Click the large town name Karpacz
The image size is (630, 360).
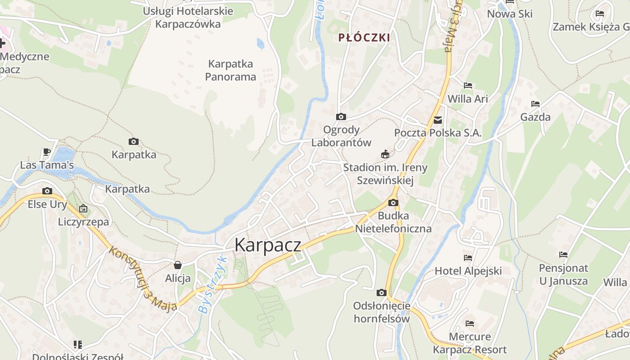[268, 245]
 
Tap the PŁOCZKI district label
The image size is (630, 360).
[364, 38]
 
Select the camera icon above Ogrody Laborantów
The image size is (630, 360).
[341, 117]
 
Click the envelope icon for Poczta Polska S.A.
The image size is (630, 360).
[437, 120]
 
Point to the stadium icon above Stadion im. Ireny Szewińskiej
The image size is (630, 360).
[385, 154]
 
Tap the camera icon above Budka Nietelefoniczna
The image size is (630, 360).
[393, 203]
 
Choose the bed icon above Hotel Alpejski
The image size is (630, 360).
[468, 258]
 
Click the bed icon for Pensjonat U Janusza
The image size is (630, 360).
[563, 255]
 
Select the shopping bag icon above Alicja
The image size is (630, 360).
[178, 265]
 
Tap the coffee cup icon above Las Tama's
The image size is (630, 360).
[46, 152]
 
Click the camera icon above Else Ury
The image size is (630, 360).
[47, 191]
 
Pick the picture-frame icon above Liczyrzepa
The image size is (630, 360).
[83, 208]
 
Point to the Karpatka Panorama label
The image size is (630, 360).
[230, 70]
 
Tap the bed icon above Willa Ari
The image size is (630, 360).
[468, 85]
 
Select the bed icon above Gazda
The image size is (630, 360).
[535, 104]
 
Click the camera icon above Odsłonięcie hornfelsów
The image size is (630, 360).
[381, 293]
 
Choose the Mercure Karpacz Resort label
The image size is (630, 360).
[470, 343]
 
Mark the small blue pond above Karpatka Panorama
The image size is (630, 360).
[260, 44]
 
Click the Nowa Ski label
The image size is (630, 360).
[510, 14]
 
